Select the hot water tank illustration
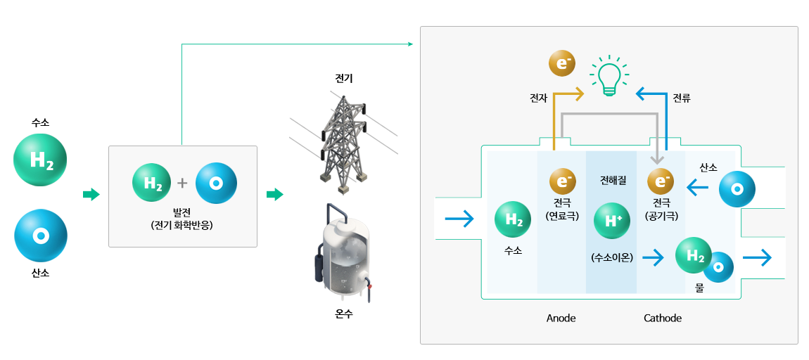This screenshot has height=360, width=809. pos(342,253)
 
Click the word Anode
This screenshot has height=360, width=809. pos(561,319)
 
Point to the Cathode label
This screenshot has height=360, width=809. pos(663,319)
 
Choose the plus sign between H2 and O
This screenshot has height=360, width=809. pos(182,184)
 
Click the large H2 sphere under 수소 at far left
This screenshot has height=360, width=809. pos(40,160)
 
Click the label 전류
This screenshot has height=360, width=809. pos(682,98)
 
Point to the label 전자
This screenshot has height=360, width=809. pos(538,98)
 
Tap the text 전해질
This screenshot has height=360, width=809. pos(612,180)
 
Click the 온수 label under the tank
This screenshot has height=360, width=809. pos(344,314)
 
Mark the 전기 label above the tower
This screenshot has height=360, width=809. pos(344,78)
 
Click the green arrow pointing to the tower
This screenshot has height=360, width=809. pos(274,194)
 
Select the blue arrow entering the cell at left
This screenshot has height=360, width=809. pos(459,219)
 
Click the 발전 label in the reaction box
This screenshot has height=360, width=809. pos(182,212)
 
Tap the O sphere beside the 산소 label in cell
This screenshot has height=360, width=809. pos(737,189)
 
